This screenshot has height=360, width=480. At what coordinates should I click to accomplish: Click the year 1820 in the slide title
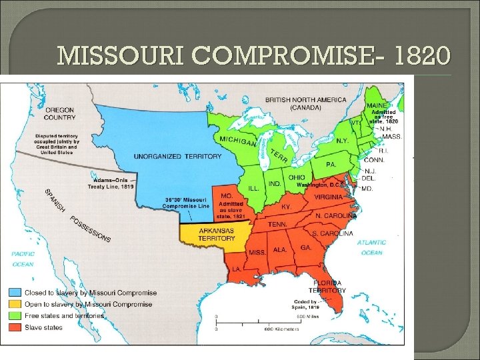click(419, 56)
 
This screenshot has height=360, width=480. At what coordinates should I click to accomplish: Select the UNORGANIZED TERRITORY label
click(177, 157)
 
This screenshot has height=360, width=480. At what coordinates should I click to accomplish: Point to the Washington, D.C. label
click(319, 185)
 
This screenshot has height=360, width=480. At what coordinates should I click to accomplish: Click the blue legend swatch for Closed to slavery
click(14, 293)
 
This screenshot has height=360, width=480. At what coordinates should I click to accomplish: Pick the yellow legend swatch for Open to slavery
click(14, 304)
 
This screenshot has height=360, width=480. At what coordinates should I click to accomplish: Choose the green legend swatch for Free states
click(14, 315)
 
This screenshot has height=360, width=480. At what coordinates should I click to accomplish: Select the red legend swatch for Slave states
click(14, 327)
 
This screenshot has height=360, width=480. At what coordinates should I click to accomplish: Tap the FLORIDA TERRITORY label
click(327, 287)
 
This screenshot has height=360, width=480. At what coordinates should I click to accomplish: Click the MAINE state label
click(376, 105)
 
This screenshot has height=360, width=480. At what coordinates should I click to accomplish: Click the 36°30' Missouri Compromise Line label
click(187, 203)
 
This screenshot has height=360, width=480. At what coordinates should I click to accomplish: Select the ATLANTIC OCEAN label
click(371, 247)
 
